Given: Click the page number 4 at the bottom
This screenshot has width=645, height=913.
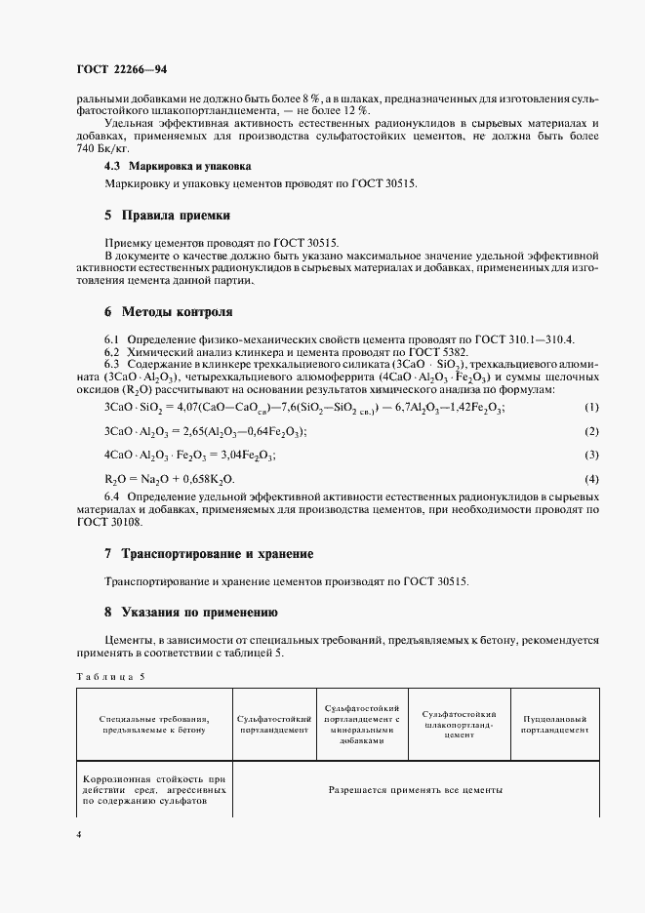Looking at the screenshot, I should tap(79, 835).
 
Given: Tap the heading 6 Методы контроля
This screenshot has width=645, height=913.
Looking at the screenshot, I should tap(168, 312).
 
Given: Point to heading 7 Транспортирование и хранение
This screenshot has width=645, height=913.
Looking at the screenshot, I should tap(208, 553).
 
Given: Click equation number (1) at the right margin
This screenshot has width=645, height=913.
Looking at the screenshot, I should tap(591, 406).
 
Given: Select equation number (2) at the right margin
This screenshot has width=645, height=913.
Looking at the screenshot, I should tap(591, 430).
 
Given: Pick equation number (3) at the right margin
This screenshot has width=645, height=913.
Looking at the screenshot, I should tap(591, 455).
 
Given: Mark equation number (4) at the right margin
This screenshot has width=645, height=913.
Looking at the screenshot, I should tap(591, 479).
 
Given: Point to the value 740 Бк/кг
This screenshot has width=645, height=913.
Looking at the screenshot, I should tap(102, 149).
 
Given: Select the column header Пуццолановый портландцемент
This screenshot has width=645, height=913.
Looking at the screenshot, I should tap(555, 723).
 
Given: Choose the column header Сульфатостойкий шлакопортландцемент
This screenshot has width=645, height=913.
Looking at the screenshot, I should tap(460, 724).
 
